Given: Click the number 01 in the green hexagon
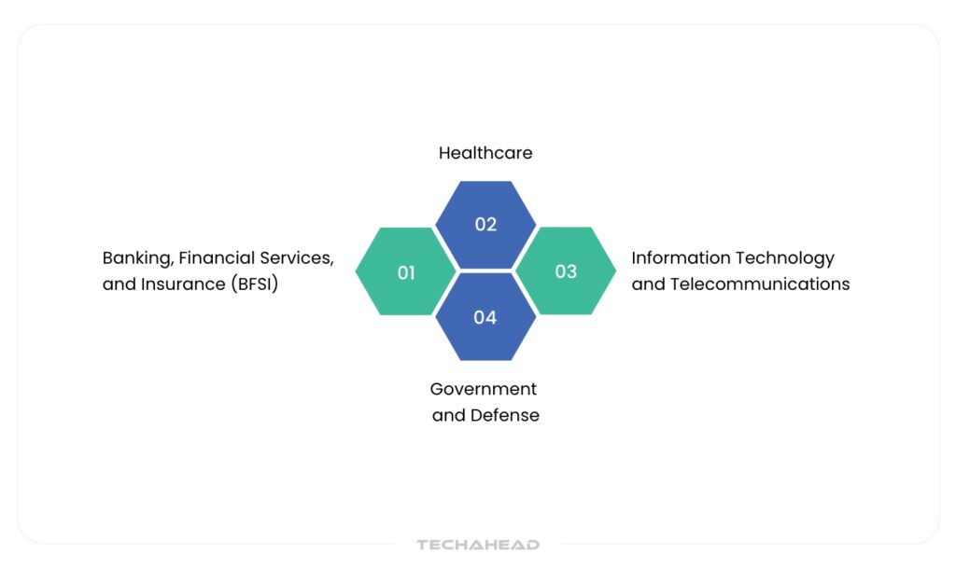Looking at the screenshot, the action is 406,272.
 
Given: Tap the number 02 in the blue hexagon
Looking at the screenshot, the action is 485,224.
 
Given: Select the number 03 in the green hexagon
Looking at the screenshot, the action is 566,271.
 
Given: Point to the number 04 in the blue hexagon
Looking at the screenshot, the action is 485,317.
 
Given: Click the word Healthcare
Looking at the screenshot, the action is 485,153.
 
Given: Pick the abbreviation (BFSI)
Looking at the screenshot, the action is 254,284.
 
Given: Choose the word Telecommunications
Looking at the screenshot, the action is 760,284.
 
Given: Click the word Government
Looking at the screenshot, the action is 484,389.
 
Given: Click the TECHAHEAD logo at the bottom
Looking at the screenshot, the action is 478,545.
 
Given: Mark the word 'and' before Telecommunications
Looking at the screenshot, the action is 648,284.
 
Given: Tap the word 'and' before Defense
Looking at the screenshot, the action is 449,415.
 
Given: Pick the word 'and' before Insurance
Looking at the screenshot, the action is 119,284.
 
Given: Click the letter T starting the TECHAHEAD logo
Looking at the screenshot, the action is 423,545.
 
